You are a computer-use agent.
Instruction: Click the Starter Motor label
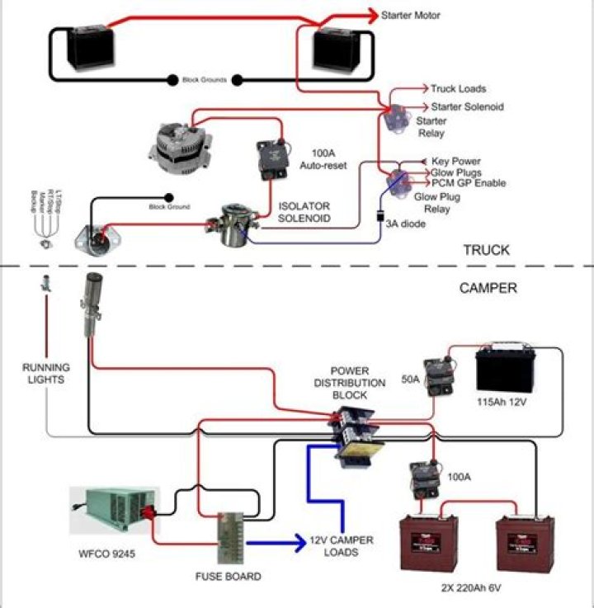[411, 15]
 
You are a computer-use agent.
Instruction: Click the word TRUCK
[486, 250]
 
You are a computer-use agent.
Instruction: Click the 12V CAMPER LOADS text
[341, 546]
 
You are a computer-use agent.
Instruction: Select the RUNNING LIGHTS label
[46, 374]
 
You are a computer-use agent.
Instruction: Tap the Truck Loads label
[458, 88]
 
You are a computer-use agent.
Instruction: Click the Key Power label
[456, 161]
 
